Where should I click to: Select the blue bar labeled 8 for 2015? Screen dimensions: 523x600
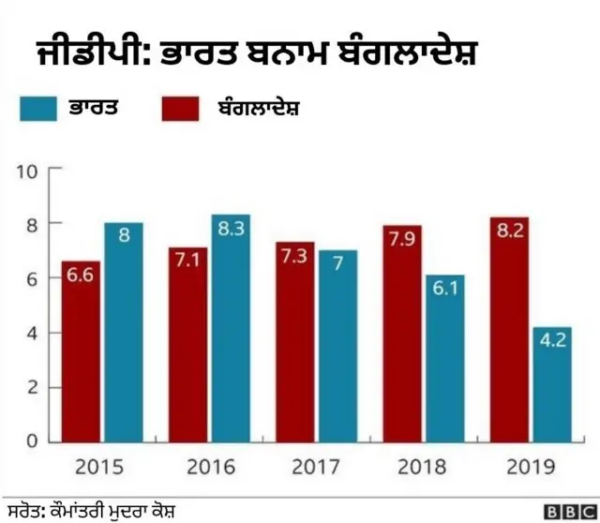coord(123,332)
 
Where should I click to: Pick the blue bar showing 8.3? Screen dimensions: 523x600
coord(231,327)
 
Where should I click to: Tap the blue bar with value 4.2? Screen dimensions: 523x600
coord(550,383)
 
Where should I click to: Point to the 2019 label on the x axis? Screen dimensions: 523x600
coord(531,466)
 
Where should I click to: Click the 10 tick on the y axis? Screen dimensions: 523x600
coord(26,171)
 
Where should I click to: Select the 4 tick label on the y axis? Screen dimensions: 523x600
coord(31,333)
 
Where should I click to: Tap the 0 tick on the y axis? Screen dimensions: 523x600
coord(31,441)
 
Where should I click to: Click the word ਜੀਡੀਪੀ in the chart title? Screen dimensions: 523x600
coord(77,51)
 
